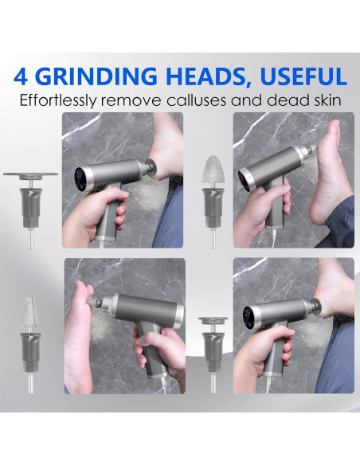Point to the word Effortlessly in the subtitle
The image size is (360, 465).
(58, 101)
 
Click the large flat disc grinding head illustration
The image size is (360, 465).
(30, 209)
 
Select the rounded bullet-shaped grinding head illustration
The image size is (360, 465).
(213, 202)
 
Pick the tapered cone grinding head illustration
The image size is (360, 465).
(31, 344)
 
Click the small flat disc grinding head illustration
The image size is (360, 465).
(213, 354)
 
